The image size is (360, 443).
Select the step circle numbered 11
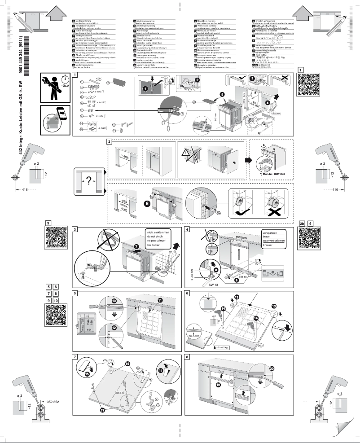pos(161,299)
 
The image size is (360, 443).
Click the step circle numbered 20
pos(272,368)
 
